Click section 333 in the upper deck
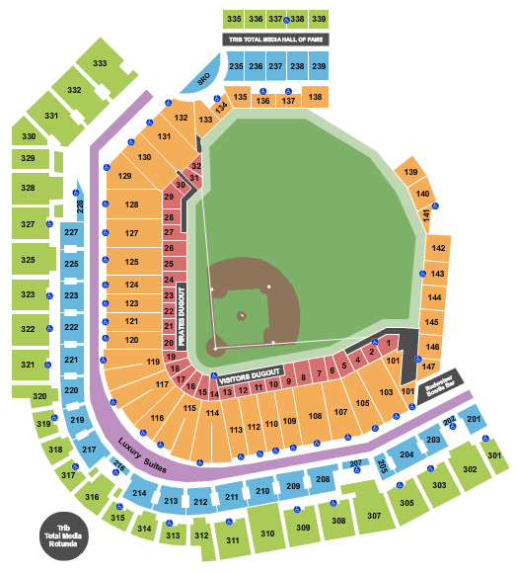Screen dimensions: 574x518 (x=100, y=62)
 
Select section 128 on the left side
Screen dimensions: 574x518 (x=132, y=205)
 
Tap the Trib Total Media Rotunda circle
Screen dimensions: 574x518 (x=67, y=537)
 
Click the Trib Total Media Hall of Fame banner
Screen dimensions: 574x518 (x=276, y=39)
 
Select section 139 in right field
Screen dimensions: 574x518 (x=409, y=172)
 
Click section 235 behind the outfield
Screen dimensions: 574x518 (x=236, y=66)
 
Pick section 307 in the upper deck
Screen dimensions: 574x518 (x=373, y=515)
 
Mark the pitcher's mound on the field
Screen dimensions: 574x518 (x=242, y=315)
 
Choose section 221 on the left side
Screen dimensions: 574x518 (x=71, y=360)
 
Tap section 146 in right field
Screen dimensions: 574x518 (x=431, y=347)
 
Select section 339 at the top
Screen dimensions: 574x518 (x=319, y=19)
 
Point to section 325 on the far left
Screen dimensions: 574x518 (x=28, y=260)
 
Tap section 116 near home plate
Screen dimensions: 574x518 (x=157, y=418)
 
